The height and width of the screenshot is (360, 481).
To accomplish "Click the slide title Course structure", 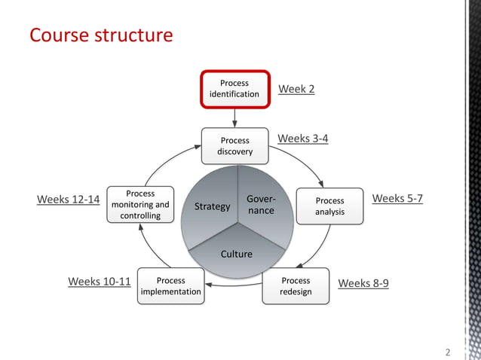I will pos(100,35).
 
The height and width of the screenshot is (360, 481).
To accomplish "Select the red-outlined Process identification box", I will pos(234,89).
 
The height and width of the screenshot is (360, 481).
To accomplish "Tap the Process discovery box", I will pos(234,146).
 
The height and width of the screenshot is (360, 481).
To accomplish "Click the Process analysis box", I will pos(329,206).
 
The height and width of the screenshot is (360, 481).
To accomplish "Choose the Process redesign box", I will pos(296,286).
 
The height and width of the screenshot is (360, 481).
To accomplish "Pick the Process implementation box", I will pos(171,286).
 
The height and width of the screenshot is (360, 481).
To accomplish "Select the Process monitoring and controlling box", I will pos(140,205).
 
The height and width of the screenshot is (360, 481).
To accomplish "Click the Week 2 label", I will pos(296,90).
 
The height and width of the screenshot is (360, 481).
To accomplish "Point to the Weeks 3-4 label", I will pos(302,139).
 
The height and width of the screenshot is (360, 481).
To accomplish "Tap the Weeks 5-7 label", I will pos(397,199).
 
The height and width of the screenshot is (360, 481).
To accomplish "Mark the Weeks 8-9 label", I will pos(363,284).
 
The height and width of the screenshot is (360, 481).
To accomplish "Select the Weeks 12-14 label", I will pos(68,200).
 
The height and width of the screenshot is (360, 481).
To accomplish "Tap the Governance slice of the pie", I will pos(261,206).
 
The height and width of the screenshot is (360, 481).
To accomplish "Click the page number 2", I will pos(448,352).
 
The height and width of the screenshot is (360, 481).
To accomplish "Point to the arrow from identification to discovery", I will pos(234,117).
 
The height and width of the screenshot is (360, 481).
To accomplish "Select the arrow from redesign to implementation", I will pos(234,285).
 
